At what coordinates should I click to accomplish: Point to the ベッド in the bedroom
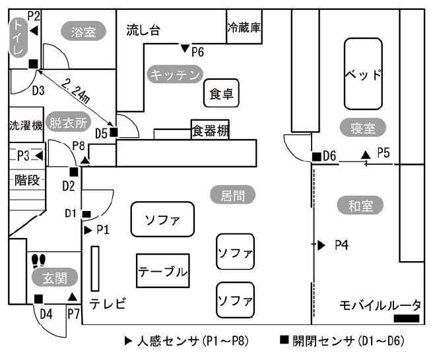tap(363, 74)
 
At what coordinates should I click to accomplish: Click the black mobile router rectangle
tap(407, 319)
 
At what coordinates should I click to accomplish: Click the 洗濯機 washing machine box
tap(25, 125)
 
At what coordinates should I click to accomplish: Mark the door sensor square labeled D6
tap(316, 156)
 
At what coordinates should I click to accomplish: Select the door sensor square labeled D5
tap(114, 133)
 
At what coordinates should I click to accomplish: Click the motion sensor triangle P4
tap(321, 245)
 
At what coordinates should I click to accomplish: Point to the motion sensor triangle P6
tap(185, 47)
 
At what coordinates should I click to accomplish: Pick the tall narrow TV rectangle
tap(95, 268)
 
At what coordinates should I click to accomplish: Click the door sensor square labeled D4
tap(37, 299)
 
